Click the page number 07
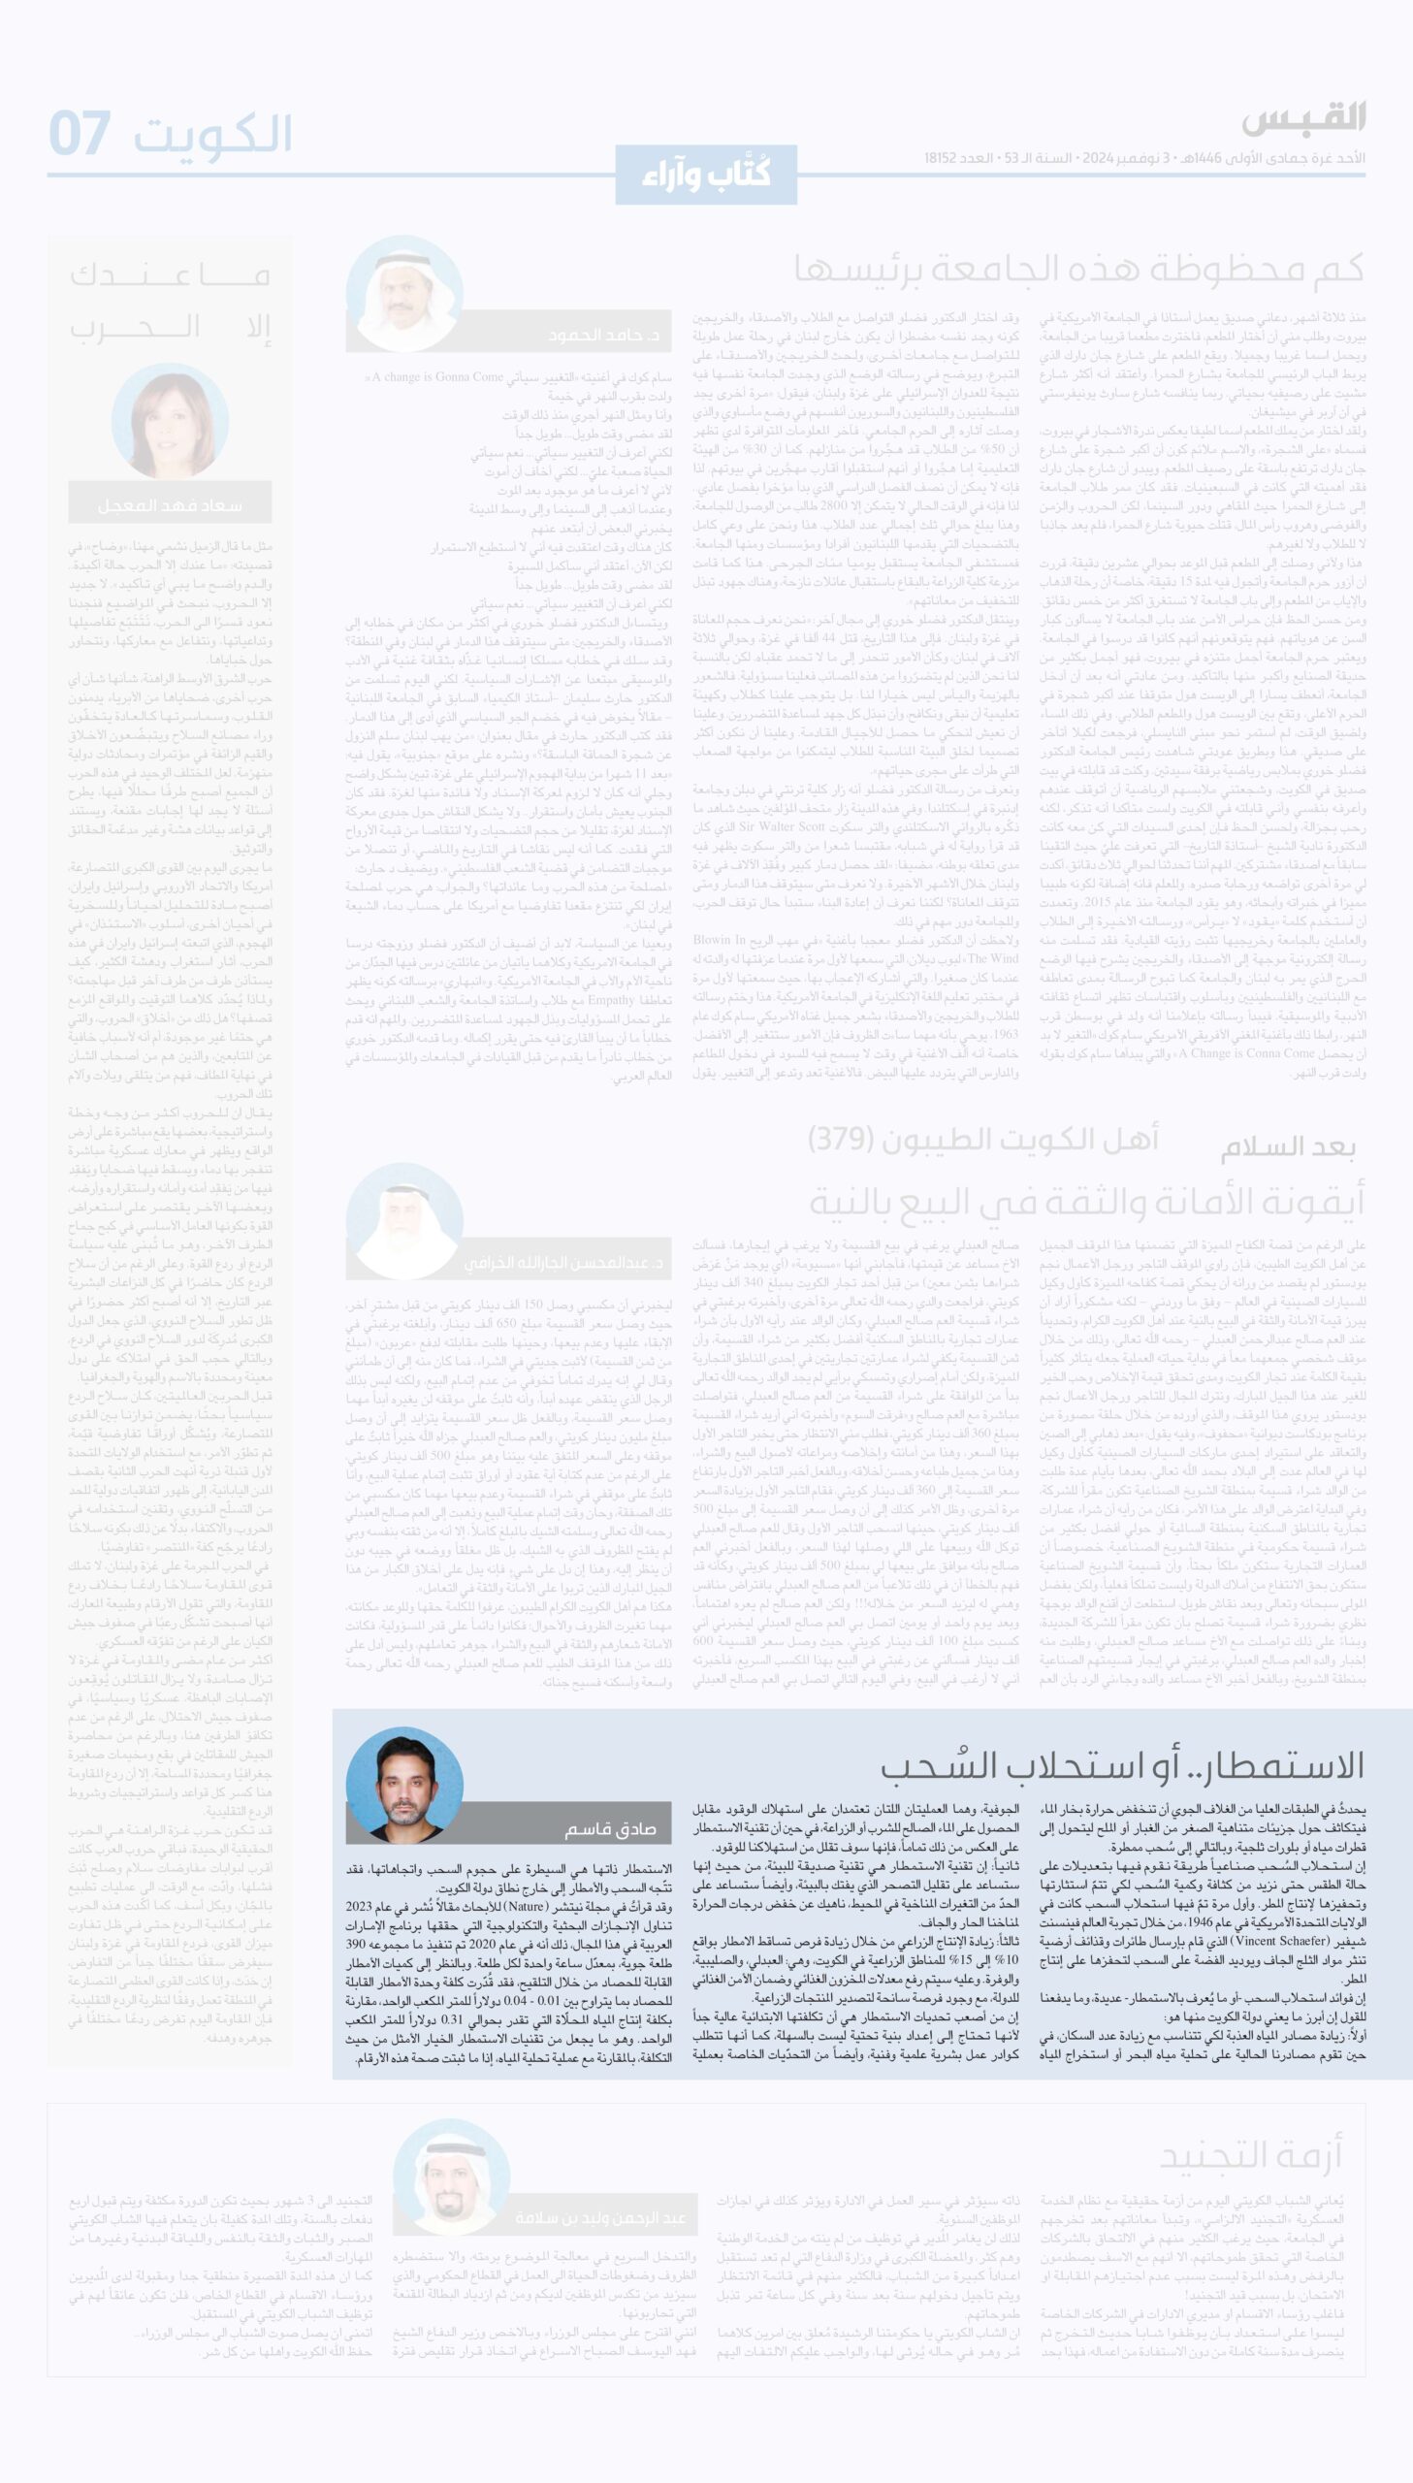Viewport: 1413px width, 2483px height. pos(80,133)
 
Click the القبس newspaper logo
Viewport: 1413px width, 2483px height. pos(1302,119)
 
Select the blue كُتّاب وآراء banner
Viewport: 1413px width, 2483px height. pos(705,175)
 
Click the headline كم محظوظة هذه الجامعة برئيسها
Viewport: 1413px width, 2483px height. pos(1078,270)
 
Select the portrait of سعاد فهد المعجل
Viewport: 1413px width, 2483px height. pos(171,421)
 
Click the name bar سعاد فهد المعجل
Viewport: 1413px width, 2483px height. pos(170,505)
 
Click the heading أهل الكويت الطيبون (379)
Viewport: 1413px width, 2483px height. pos(982,1139)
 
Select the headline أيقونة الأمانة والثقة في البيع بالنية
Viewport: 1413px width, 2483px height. pos(1086,1202)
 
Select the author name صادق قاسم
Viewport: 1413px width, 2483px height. pos(610,1829)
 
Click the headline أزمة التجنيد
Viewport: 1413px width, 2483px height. pos(1250,2156)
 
